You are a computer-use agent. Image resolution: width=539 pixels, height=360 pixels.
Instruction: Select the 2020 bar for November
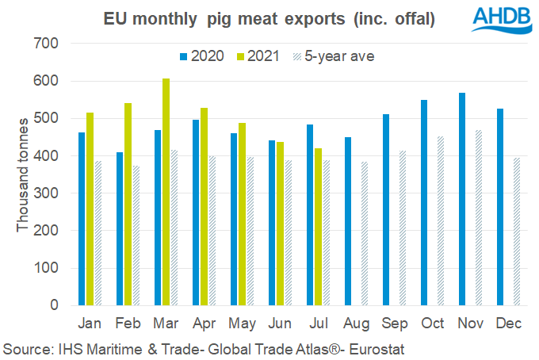[461, 199]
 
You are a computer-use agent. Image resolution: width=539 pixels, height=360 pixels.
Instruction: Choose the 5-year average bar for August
[365, 233]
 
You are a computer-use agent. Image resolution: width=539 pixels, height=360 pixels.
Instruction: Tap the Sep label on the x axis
[394, 324]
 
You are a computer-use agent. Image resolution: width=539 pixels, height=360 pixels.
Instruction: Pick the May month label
[242, 324]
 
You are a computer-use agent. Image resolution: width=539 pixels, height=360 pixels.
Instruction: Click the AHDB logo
[499, 19]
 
